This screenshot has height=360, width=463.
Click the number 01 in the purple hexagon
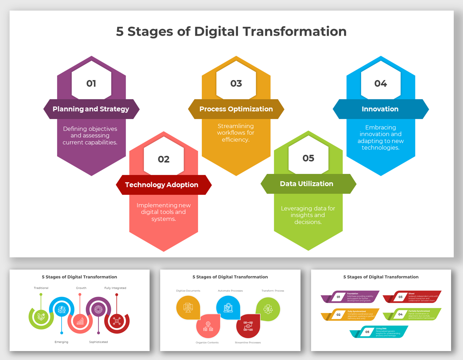pos(91,83)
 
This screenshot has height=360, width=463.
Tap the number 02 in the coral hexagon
pos(163,159)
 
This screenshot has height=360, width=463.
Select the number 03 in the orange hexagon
pos(236,83)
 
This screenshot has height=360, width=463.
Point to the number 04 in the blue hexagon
pos(381,83)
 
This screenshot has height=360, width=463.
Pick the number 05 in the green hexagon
pos(308,158)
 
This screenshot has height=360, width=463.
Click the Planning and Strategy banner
pos(91,109)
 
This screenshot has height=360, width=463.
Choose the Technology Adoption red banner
pos(162,185)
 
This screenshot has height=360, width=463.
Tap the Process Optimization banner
pos(236,109)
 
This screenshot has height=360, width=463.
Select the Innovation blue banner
pos(380,109)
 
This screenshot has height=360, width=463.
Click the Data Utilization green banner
pos(307,184)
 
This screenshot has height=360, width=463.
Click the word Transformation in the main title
pos(295,31)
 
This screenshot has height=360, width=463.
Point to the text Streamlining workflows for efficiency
pos(236,133)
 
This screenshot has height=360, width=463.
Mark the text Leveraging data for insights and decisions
pos(308,215)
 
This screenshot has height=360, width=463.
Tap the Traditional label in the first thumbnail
pos(41,288)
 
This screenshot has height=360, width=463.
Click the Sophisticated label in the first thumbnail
pos(98,342)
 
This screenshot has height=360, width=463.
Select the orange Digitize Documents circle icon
pos(188,308)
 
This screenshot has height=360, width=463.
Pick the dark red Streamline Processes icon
pos(248,326)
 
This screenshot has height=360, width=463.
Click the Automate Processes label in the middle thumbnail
pos(230,291)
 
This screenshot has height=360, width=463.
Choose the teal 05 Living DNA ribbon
pos(379,332)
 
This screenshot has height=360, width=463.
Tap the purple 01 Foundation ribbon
pos(350,297)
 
